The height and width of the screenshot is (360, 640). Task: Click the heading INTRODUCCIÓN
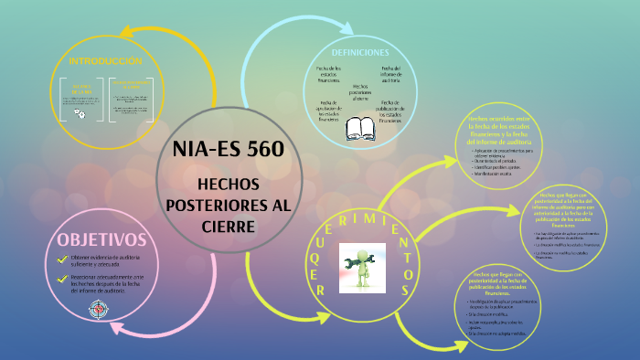[106, 61]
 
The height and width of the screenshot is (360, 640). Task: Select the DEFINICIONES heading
[360, 52]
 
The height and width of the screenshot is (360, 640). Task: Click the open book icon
[359, 128]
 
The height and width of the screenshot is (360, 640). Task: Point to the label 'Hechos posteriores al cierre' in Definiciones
[360, 91]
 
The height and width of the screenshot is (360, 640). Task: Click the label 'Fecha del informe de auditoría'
[390, 76]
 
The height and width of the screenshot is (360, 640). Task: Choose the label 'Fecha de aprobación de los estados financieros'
[329, 111]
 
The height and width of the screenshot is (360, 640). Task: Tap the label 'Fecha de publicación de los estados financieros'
[390, 111]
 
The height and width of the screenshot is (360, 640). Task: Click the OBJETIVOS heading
[102, 239]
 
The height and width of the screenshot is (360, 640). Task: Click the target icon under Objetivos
[97, 311]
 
